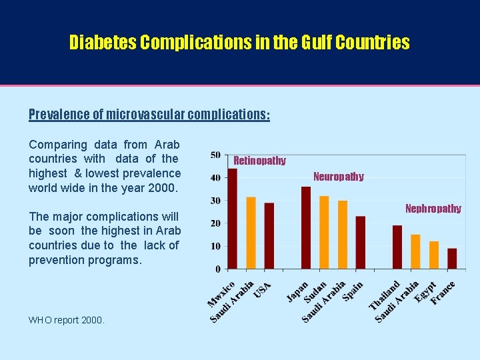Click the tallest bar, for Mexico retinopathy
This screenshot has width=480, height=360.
point(232,219)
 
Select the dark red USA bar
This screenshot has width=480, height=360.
point(269,236)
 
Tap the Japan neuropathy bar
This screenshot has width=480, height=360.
point(306,228)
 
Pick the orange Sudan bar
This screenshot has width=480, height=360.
point(324,233)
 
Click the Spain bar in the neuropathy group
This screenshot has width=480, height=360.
point(361,243)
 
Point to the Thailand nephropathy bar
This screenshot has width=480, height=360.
point(397,247)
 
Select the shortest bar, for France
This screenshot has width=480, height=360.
point(452,259)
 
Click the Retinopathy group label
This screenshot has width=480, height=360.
point(259,161)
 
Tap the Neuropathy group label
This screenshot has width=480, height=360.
point(339,177)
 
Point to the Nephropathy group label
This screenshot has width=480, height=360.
point(433,209)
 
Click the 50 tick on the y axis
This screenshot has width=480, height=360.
point(215,155)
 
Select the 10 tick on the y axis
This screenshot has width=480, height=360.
point(215,246)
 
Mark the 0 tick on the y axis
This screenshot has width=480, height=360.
point(217,269)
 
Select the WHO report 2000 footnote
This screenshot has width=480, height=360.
point(67,320)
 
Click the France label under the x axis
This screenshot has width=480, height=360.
point(443,293)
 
